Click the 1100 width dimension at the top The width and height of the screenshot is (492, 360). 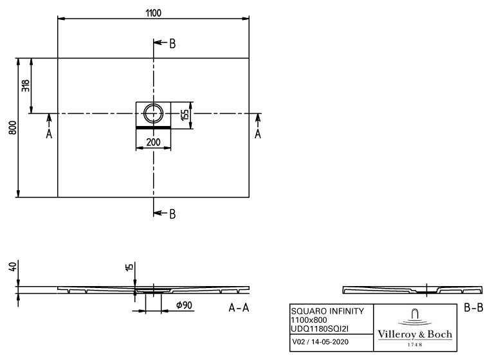154,13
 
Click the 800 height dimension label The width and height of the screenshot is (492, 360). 13,128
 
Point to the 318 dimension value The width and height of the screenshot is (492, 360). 26,85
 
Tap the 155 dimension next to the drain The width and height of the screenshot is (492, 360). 185,114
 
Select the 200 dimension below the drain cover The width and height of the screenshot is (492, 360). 154,142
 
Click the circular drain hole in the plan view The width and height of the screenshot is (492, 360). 154,113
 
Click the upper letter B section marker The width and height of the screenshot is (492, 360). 172,44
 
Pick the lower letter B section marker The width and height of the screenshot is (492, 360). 172,214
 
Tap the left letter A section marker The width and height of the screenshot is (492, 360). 49,134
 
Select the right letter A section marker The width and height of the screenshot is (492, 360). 258,134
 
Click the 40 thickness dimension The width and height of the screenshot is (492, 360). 13,267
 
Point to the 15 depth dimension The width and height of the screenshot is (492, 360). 129,267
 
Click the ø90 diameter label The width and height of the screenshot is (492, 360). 184,305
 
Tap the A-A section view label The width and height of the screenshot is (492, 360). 239,308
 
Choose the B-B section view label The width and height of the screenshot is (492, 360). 473,308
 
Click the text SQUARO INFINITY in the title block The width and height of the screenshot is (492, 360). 327,311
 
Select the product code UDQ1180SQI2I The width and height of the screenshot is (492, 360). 320,328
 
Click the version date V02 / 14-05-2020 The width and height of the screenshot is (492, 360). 320,342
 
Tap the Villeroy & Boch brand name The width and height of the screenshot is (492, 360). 415,334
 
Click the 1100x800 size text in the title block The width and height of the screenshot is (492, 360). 309,320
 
